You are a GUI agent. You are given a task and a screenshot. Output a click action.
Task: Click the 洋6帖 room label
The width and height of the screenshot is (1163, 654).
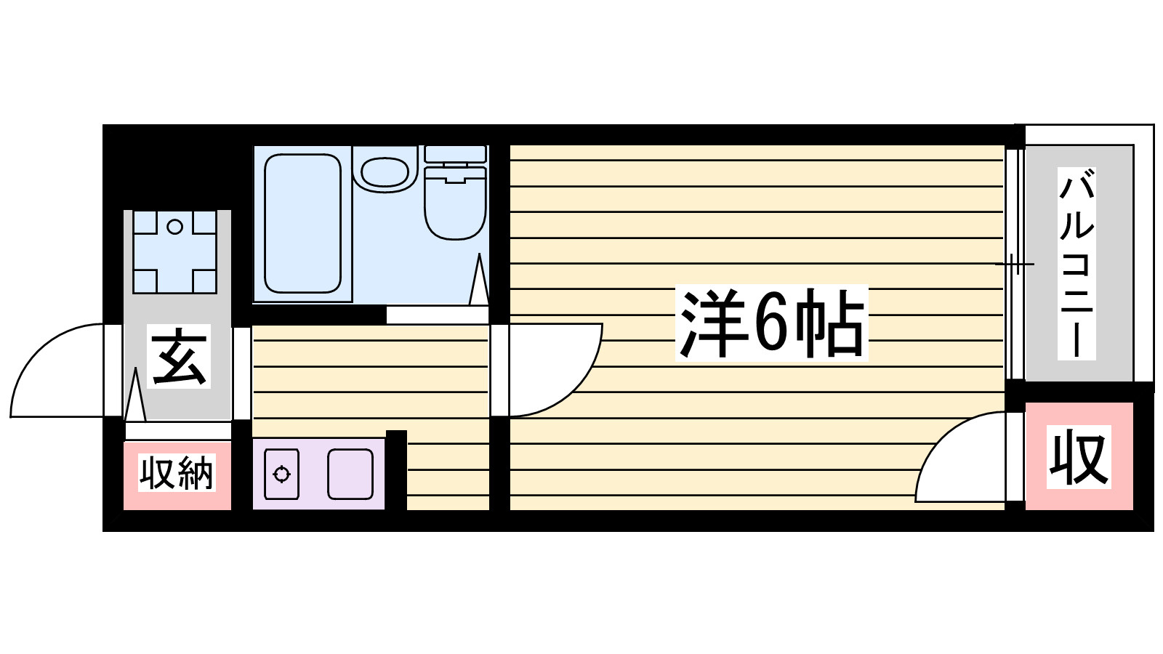772,323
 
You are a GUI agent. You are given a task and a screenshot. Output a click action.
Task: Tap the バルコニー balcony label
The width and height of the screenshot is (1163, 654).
1077,264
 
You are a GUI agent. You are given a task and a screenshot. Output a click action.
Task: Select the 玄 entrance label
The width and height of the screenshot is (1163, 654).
179,356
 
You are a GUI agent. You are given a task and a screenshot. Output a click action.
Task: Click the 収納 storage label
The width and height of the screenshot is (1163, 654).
177,474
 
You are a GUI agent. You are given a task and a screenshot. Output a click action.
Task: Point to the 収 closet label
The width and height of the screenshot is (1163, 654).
1079,457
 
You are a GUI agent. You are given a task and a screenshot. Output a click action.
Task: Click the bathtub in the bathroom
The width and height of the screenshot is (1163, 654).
302,223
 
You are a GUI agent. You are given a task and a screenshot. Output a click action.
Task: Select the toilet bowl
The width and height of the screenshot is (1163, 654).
455,207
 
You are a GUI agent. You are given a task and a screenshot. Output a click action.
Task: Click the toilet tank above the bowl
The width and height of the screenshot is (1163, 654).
455,153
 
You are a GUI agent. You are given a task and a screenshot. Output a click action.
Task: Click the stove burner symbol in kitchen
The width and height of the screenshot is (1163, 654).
281,475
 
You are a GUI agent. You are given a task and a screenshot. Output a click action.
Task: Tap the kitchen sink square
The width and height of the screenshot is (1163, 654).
350,474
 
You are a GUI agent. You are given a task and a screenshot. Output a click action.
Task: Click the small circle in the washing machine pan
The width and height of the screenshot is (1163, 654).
174,227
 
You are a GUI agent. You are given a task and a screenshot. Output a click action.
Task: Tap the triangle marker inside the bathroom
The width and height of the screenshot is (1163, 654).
479,282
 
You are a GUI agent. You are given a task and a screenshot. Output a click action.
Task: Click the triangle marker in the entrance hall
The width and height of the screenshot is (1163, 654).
135,396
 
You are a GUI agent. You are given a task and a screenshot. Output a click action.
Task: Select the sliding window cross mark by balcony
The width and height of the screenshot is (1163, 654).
1014,263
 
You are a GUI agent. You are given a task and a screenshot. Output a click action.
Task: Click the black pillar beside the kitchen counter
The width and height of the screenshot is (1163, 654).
396,470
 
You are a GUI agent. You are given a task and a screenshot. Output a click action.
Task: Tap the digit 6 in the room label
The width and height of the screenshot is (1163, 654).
772,323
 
